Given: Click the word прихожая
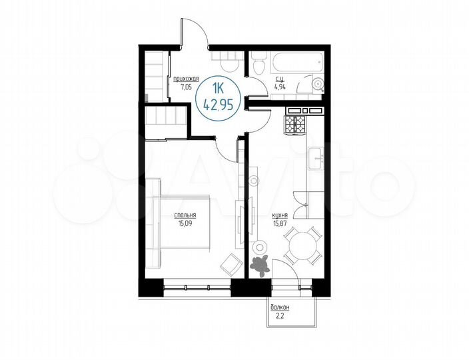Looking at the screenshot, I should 187,79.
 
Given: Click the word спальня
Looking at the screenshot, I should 185,215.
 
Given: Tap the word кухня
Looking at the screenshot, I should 280,216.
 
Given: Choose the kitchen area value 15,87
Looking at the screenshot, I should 280,223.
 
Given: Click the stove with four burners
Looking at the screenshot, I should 294,123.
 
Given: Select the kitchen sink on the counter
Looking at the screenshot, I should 315,158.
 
